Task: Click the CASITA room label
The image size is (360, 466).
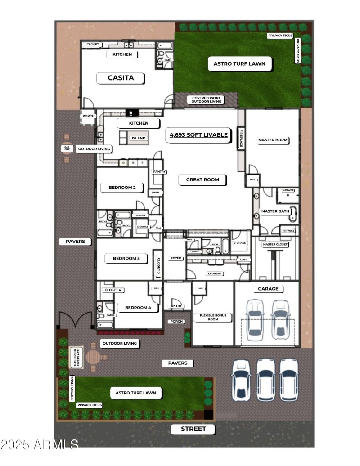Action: (121, 78)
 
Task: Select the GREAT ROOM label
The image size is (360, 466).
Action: (202, 180)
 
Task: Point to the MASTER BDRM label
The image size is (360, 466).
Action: (273, 140)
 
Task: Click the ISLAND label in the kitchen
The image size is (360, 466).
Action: (139, 138)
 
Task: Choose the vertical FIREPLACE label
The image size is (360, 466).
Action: (241, 139)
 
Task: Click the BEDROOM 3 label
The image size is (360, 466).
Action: (126, 258)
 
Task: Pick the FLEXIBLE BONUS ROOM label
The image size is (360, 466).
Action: (213, 318)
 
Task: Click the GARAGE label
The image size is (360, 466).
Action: (268, 289)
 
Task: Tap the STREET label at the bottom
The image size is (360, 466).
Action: (193, 429)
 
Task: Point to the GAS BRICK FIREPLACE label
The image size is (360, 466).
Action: (76, 358)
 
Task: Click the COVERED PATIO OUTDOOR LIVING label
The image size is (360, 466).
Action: (207, 100)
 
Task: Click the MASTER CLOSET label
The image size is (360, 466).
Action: (275, 244)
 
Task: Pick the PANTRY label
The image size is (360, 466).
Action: (160, 172)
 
